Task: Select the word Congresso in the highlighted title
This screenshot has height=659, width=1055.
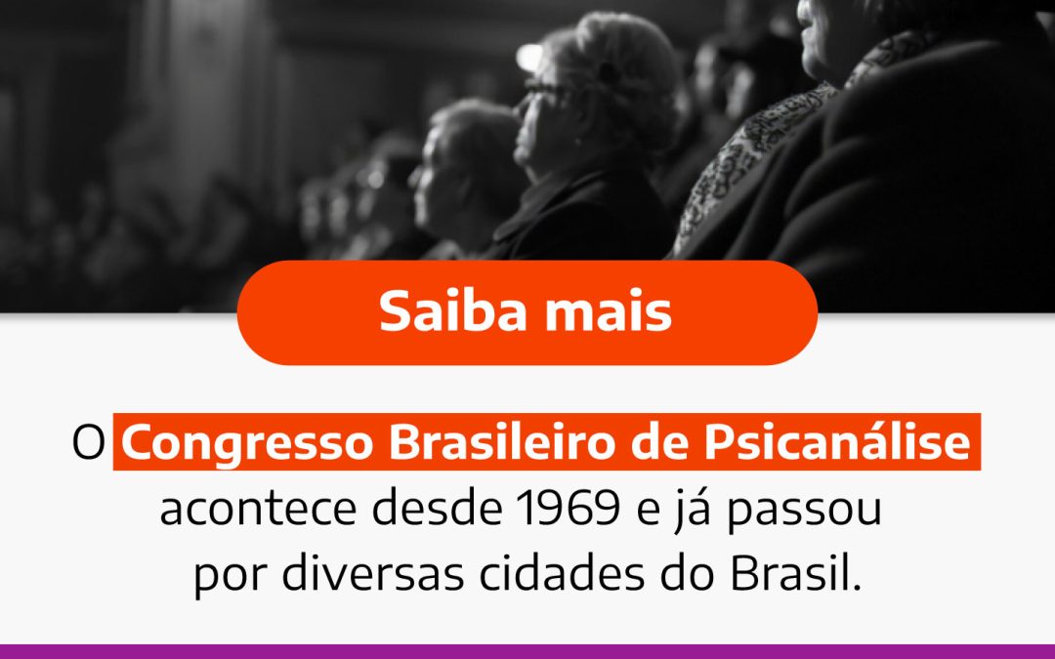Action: pos(248,445)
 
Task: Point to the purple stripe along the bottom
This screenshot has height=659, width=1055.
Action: pos(527,651)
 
